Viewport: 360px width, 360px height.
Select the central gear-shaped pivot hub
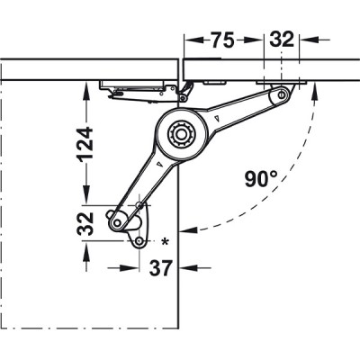click(x=184, y=135)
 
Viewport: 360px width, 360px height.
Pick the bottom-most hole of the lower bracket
click(x=140, y=241)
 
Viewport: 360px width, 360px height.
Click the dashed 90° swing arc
click(x=302, y=162)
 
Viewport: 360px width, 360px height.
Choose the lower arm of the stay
click(x=148, y=180)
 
